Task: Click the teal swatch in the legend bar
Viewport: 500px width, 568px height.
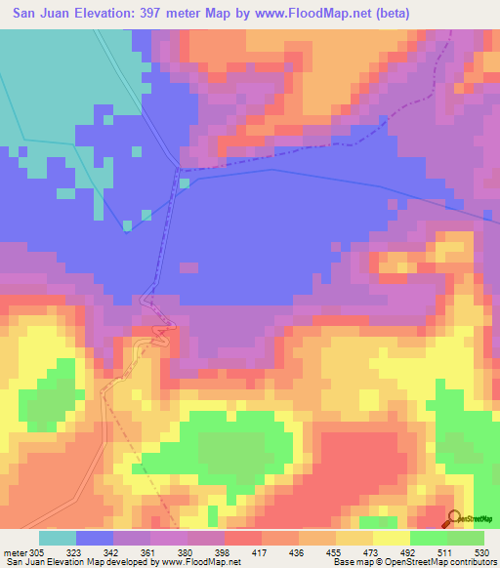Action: point(58,538)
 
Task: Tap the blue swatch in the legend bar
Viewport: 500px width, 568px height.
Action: point(95,538)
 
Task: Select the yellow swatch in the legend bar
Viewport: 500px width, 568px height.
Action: point(390,538)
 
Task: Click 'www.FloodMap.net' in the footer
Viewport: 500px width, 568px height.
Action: point(200,562)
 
